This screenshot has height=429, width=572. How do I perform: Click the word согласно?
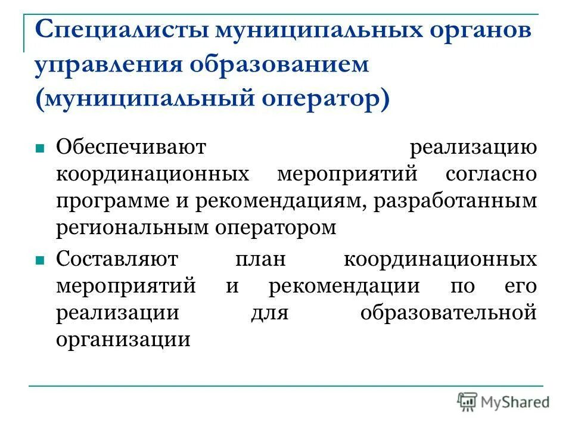(490, 175)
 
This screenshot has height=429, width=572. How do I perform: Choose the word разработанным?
(456, 201)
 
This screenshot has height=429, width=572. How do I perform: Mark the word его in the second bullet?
(523, 286)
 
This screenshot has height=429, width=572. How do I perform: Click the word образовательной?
(448, 313)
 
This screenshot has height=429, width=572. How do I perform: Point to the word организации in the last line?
(123, 340)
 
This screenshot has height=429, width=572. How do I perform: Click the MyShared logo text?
(515, 402)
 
